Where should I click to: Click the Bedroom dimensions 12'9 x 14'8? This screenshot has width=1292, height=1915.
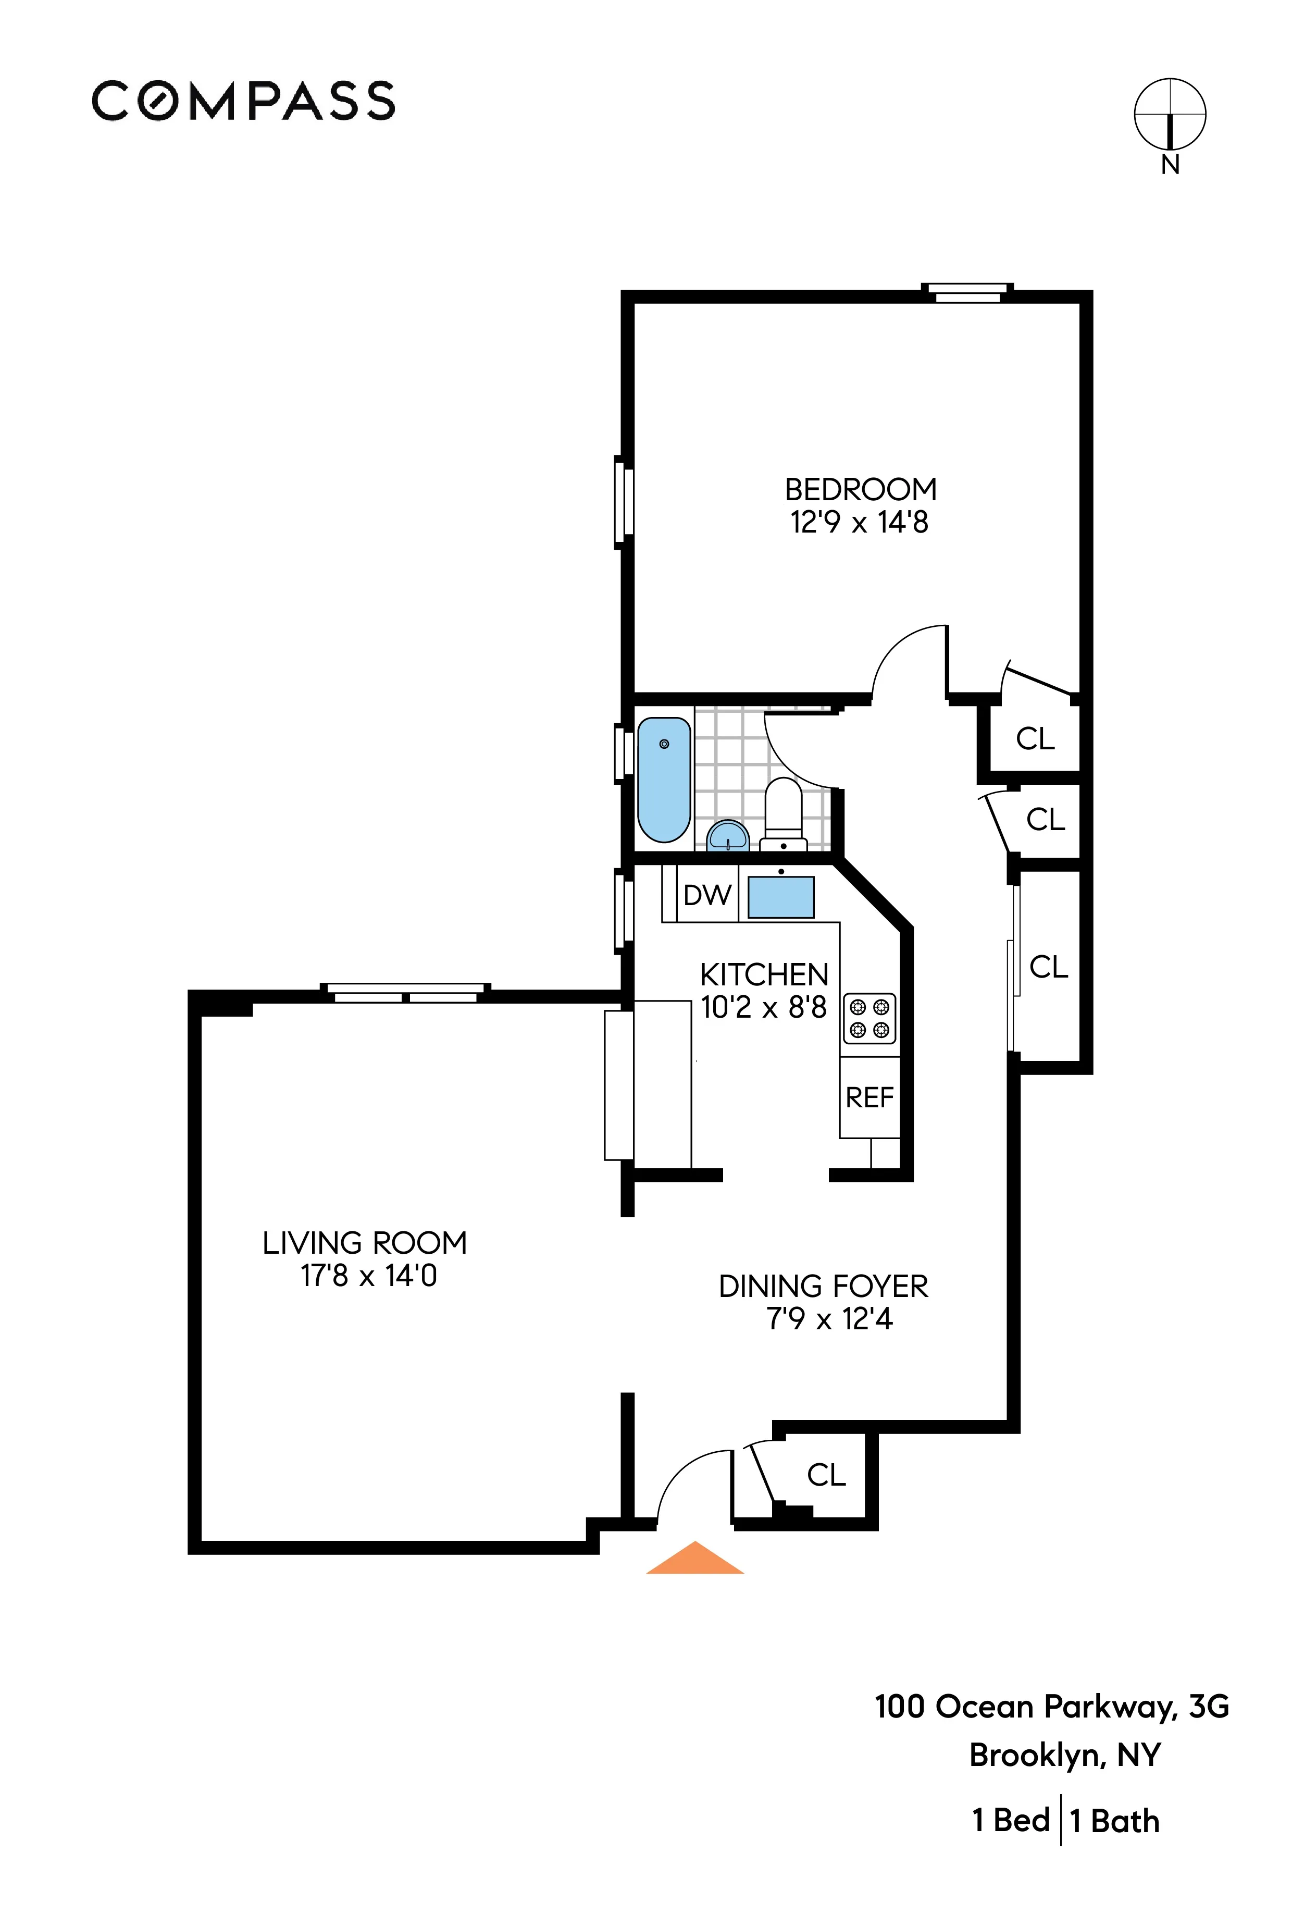[x=860, y=523]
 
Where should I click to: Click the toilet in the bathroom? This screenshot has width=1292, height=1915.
[x=783, y=812]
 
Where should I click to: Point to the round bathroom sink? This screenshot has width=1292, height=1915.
[x=728, y=835]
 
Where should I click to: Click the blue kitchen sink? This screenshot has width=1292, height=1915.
[x=780, y=896]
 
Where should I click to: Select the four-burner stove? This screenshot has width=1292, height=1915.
[x=869, y=1019]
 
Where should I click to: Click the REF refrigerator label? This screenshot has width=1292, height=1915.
[x=869, y=1097]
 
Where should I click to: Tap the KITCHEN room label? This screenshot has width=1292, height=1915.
[x=764, y=975]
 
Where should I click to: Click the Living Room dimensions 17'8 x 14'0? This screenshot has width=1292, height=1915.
[x=368, y=1276]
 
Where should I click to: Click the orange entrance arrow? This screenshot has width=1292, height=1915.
[x=694, y=1559]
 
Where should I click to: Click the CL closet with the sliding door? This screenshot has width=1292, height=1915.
[x=1048, y=967]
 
